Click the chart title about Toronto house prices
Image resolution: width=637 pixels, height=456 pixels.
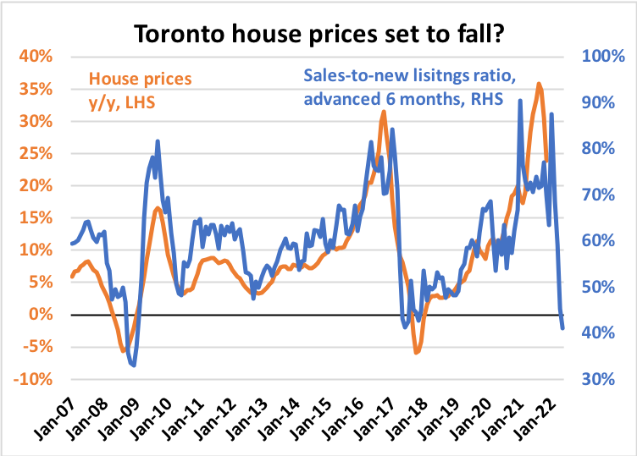point(318,33)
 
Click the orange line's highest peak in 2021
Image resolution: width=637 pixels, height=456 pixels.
point(539,84)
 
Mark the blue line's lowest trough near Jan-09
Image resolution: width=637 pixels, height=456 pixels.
point(134,365)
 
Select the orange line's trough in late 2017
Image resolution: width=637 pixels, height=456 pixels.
point(416,352)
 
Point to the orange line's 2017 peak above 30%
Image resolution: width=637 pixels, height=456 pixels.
point(383,112)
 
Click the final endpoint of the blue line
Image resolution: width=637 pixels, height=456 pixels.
point(563,328)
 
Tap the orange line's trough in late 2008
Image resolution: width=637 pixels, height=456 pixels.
point(124,350)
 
